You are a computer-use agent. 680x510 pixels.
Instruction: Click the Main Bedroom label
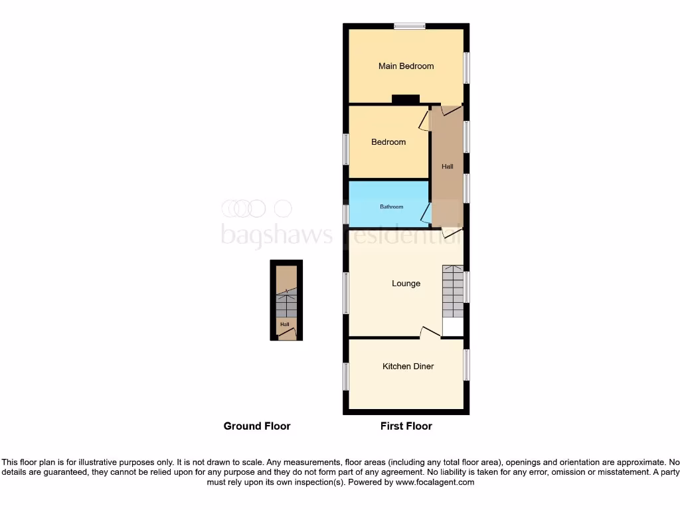pyautogui.click(x=406, y=66)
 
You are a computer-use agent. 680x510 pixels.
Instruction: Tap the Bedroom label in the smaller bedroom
pyautogui.click(x=388, y=142)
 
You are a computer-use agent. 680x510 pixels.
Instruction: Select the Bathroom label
pyautogui.click(x=391, y=207)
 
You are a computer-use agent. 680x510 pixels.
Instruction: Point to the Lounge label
pyautogui.click(x=406, y=284)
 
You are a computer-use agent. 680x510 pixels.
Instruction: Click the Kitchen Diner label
pyautogui.click(x=408, y=366)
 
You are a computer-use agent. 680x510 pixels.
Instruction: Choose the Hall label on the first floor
pyautogui.click(x=448, y=167)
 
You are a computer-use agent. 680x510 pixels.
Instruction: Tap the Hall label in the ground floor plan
pyautogui.click(x=285, y=325)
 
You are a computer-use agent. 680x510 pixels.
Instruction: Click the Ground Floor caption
pyautogui.click(x=257, y=426)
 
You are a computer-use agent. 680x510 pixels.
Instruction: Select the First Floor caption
pyautogui.click(x=406, y=426)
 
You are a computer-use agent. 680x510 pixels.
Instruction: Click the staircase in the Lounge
pyautogui.click(x=453, y=292)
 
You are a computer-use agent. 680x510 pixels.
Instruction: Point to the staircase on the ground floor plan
pyautogui.click(x=286, y=305)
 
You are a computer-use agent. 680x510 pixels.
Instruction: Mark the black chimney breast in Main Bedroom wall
pyautogui.click(x=405, y=100)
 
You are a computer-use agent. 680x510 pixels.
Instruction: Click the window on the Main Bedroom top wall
pyautogui.click(x=409, y=27)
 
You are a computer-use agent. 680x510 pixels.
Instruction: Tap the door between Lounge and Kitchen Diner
pyautogui.click(x=430, y=333)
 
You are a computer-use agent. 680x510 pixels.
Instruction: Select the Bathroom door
pyautogui.click(x=426, y=214)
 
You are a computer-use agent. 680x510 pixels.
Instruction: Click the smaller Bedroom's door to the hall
pyautogui.click(x=423, y=120)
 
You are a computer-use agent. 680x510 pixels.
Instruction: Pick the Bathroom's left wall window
pyautogui.click(x=346, y=214)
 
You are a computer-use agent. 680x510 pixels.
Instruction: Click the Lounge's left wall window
pyautogui.click(x=346, y=292)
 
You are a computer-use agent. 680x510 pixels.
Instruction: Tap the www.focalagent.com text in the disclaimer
pyautogui.click(x=435, y=482)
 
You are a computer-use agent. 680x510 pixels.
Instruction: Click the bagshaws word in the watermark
pyautogui.click(x=276, y=234)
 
